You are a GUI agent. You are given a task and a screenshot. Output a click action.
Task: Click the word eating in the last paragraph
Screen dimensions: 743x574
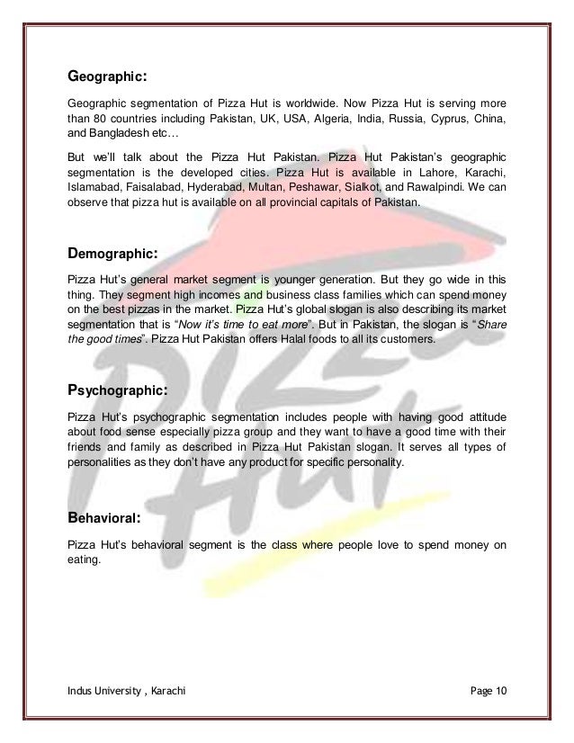(85, 559)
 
